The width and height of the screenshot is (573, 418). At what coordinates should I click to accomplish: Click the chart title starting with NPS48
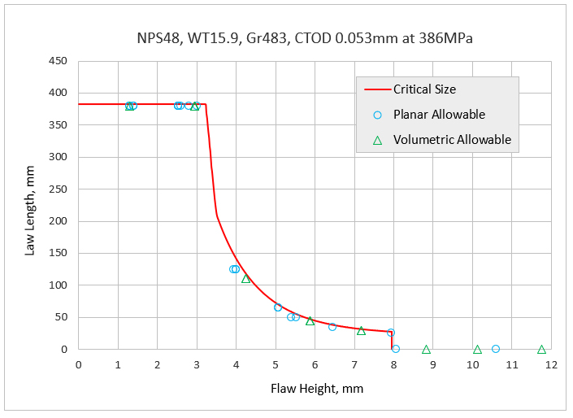(x=305, y=37)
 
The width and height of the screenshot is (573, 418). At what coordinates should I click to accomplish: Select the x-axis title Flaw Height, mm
(x=317, y=388)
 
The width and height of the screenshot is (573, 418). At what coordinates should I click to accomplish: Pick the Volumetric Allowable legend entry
(x=452, y=140)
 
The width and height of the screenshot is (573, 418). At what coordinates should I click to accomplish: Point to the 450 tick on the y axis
(x=58, y=61)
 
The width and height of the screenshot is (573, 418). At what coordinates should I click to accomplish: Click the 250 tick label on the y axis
(x=58, y=189)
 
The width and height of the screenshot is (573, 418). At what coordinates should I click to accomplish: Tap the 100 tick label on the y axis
(x=58, y=285)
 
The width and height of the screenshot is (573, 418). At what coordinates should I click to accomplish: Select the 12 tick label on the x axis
(x=551, y=364)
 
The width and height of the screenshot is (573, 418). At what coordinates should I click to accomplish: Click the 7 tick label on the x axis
(x=354, y=364)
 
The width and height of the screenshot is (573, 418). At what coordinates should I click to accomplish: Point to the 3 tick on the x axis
(x=197, y=364)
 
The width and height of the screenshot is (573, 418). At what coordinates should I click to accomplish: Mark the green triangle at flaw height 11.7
(x=541, y=349)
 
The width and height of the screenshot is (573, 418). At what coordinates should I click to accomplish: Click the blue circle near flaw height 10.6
(x=496, y=349)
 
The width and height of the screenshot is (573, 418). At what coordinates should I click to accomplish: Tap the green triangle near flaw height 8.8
(x=426, y=349)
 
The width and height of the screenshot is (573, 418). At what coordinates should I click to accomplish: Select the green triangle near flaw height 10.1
(x=478, y=349)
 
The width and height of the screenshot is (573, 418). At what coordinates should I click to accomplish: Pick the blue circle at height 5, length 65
(x=278, y=307)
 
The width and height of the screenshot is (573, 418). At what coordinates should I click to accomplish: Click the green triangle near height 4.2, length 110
(x=245, y=279)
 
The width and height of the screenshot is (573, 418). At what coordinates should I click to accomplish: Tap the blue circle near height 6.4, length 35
(x=332, y=327)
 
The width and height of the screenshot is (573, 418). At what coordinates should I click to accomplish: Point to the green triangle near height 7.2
(x=361, y=330)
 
